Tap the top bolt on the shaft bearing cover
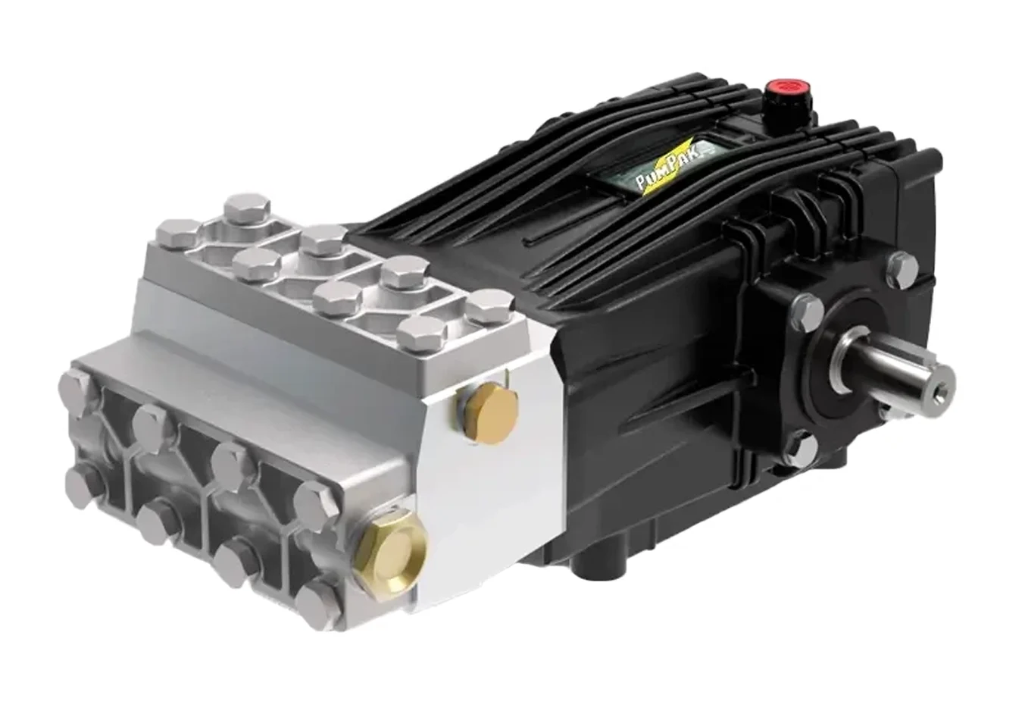coord(902,270)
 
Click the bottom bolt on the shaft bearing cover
coord(804,446)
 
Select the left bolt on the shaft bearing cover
coord(808,311)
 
